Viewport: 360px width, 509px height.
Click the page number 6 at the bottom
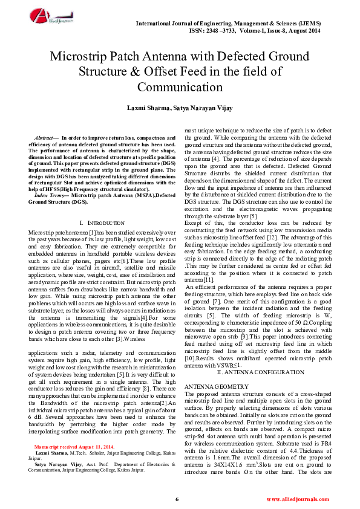point(177,499)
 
